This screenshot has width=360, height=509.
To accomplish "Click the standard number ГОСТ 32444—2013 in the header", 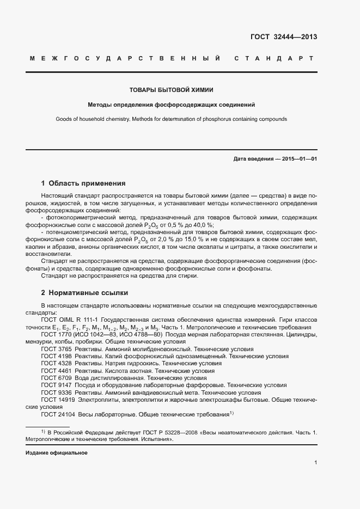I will click(x=283, y=37).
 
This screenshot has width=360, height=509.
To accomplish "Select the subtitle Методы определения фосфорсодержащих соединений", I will click(x=172, y=105).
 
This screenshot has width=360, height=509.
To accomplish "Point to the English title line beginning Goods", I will click(x=172, y=119).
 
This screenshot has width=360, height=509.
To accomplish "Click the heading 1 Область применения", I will click(x=83, y=183).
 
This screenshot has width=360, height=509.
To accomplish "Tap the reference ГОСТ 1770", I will click(x=56, y=334).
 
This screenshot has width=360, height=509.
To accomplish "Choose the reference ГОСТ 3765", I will click(x=56, y=348).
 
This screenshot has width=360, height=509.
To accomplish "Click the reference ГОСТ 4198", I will click(x=56, y=355).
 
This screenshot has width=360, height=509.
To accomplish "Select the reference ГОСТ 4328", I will click(x=56, y=363).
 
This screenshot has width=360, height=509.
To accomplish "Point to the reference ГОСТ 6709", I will click(x=56, y=377).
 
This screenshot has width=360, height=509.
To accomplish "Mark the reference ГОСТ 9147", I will click(x=56, y=384).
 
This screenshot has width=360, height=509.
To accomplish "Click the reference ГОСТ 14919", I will click(x=58, y=399).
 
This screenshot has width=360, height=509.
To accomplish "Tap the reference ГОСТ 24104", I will click(x=58, y=413).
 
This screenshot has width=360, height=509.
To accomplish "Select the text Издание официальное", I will click(x=57, y=453).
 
